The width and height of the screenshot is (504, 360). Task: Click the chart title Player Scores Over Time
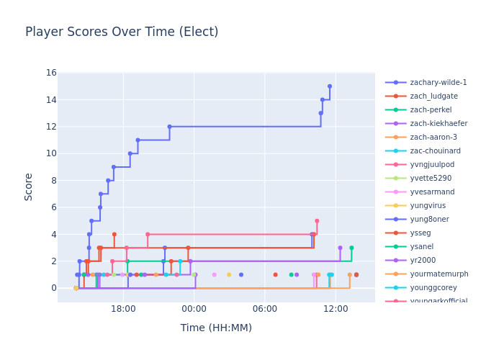122,32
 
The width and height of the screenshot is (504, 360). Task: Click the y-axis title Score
29,186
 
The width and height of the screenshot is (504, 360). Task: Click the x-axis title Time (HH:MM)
216,328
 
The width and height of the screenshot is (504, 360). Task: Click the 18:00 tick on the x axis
124,309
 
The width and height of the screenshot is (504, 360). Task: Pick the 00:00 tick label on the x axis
194,309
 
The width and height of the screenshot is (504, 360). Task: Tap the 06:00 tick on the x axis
265,309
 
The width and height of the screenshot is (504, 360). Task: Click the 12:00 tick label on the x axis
336,309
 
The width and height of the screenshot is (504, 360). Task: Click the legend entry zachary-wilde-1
438,83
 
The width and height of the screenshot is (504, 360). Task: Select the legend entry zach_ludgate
433,96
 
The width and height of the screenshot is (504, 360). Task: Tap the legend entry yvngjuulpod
432,165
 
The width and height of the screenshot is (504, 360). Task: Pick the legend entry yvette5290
431,179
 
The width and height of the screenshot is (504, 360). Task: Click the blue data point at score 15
330,86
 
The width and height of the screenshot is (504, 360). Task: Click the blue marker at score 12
170,127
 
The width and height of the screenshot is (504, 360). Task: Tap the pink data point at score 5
317,221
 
